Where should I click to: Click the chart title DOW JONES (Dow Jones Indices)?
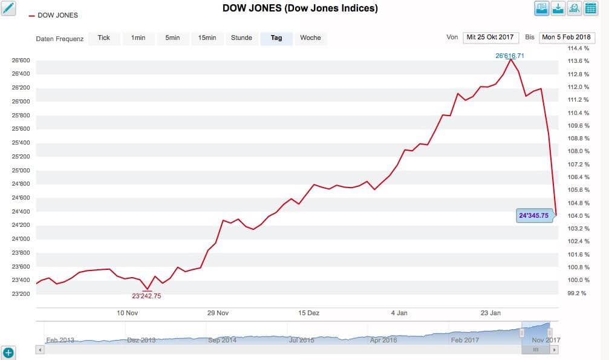[x=300, y=8]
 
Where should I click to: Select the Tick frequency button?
[x=104, y=38]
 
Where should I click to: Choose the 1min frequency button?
[x=138, y=38]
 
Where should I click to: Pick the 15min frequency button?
[x=207, y=38]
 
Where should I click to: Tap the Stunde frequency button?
[x=241, y=38]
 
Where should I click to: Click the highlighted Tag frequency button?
[x=276, y=38]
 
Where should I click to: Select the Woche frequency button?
[x=310, y=38]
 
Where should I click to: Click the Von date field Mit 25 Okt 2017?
[x=490, y=38]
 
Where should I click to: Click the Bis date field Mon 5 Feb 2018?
[x=567, y=38]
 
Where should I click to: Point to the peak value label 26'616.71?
[x=509, y=56]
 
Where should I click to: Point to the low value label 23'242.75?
[x=146, y=296]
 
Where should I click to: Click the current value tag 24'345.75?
[x=533, y=215]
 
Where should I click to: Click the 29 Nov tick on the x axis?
[x=218, y=313]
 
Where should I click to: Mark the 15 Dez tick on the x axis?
[x=309, y=313]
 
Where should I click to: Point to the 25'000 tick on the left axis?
[x=21, y=170]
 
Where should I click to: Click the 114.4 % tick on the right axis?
[x=578, y=48]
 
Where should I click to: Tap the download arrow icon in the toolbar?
[x=558, y=8]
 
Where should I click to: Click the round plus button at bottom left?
[x=8, y=352]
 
